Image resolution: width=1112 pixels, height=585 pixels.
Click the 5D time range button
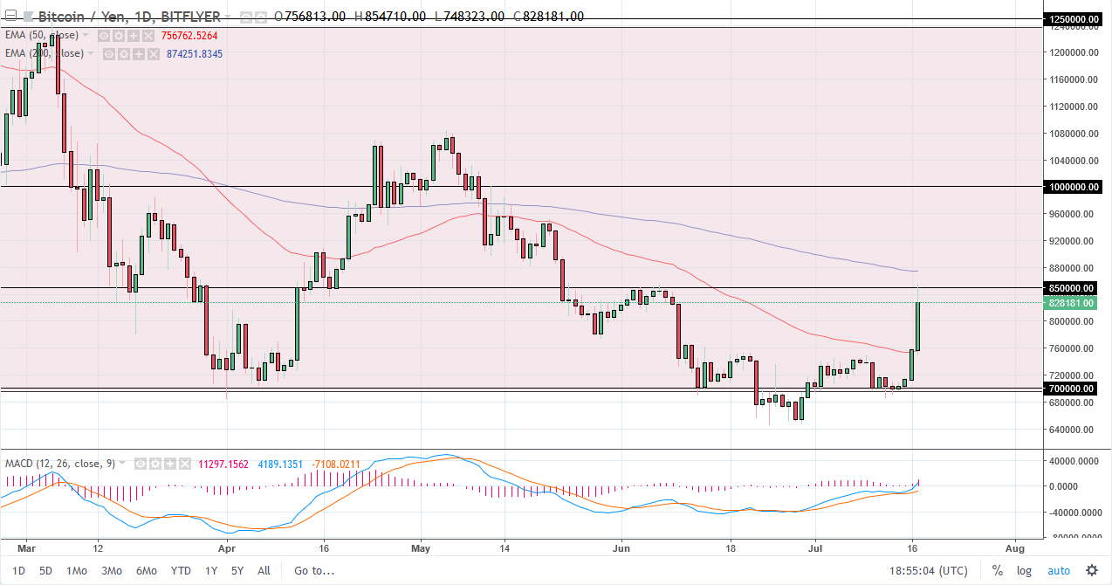point(45,571)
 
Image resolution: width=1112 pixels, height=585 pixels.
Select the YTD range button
point(181,571)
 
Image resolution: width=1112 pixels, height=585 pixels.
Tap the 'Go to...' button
point(313,571)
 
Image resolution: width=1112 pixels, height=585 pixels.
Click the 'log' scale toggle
point(1024,571)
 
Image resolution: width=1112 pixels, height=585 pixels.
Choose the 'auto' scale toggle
point(1058,571)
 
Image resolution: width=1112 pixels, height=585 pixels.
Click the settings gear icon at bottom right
point(1090,571)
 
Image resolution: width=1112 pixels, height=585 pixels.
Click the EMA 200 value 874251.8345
point(195,54)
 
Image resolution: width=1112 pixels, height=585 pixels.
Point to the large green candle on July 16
point(918,326)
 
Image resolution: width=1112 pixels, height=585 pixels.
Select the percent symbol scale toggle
point(997,571)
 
